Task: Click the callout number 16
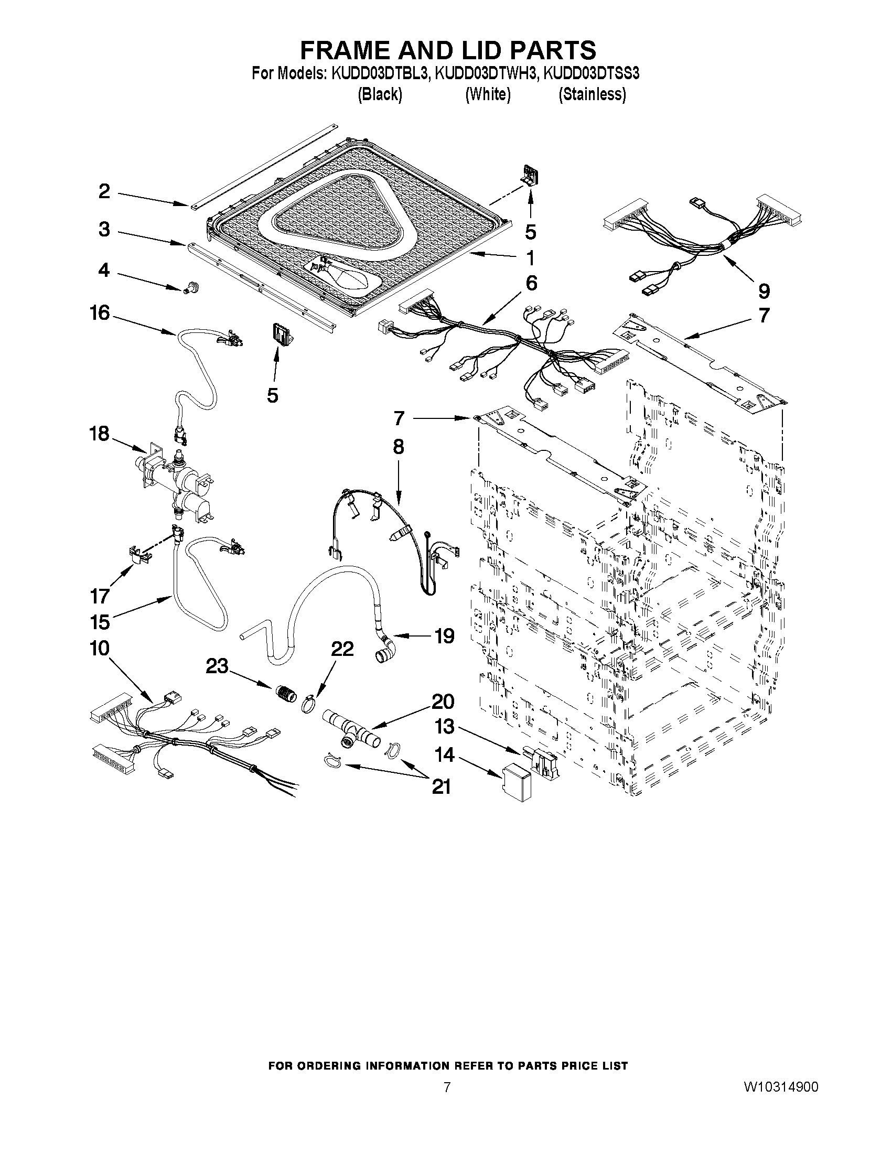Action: pos(99,314)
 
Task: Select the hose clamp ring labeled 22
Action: pos(311,704)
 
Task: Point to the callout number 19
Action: pos(444,635)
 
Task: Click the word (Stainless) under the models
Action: pos(593,94)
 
